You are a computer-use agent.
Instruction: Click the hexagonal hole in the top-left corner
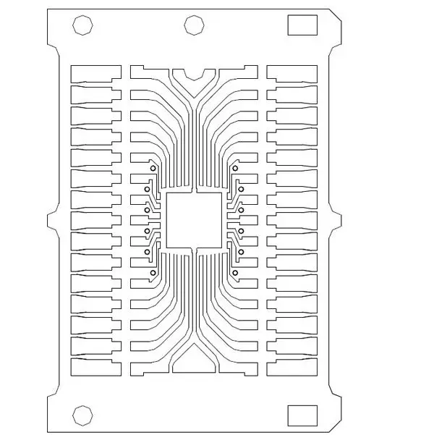pyautogui.click(x=83, y=25)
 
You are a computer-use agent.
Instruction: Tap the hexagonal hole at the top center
pyautogui.click(x=193, y=25)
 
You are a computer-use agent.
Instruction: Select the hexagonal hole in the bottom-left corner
pyautogui.click(x=82, y=415)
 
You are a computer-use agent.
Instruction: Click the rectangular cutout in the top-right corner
pyautogui.click(x=302, y=25)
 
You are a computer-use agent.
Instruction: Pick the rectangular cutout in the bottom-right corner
pyautogui.click(x=302, y=415)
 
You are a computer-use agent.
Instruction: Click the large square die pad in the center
pyautogui.click(x=194, y=220)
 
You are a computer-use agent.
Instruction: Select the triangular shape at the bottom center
pyautogui.click(x=194, y=361)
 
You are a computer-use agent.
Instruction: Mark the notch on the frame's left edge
pyautogui.click(x=53, y=221)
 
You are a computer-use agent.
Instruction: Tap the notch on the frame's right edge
pyautogui.click(x=335, y=221)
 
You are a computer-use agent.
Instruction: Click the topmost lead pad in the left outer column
pyautogui.click(x=95, y=72)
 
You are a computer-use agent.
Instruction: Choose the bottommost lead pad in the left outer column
pyautogui.click(x=95, y=368)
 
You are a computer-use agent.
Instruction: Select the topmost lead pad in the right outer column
pyautogui.click(x=292, y=72)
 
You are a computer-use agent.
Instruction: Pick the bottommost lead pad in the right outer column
pyautogui.click(x=292, y=368)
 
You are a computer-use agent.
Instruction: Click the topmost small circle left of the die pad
pyautogui.click(x=153, y=169)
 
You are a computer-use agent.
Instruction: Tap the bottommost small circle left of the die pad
pyautogui.click(x=153, y=272)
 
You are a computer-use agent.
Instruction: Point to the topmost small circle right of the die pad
pyautogui.click(x=235, y=169)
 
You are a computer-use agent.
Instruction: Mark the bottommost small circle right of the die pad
pyautogui.click(x=235, y=272)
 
